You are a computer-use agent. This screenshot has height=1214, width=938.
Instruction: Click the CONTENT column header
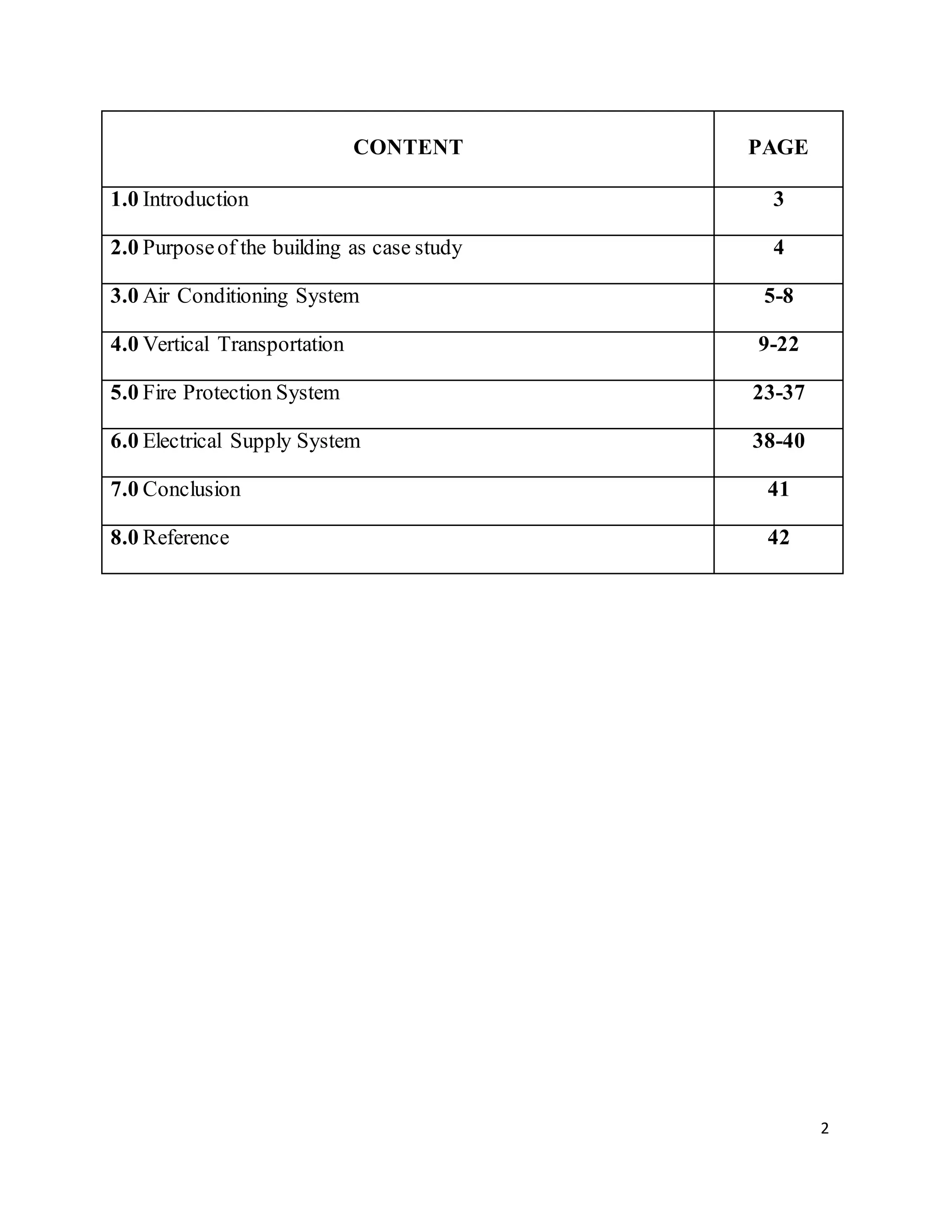(408, 148)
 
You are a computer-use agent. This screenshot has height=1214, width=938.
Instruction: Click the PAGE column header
(778, 148)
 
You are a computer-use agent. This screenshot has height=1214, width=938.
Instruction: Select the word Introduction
(196, 200)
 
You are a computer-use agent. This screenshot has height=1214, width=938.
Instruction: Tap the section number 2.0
(124, 248)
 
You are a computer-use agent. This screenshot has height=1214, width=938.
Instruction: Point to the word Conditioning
(233, 296)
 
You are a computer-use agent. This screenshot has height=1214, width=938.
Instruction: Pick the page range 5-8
(778, 296)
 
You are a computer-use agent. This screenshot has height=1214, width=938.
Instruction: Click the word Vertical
(176, 345)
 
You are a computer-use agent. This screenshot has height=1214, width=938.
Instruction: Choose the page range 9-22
(778, 345)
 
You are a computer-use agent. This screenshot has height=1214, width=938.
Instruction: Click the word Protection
(227, 393)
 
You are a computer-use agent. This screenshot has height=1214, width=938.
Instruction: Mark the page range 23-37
(778, 393)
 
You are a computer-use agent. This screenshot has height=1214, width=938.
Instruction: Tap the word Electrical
(182, 441)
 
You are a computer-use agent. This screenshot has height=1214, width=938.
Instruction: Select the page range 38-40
(778, 441)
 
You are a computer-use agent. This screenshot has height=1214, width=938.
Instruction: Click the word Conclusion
(192, 490)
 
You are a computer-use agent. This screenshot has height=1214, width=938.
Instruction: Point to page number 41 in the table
(778, 490)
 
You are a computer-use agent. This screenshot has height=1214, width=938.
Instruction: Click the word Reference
(185, 538)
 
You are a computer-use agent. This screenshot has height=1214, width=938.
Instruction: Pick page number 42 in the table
(778, 538)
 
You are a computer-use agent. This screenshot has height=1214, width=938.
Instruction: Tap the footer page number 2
(824, 1128)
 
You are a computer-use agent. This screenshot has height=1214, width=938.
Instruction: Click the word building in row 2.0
(306, 248)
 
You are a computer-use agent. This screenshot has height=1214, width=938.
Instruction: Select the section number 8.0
(124, 538)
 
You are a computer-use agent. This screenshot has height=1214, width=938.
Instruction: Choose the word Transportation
(281, 345)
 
